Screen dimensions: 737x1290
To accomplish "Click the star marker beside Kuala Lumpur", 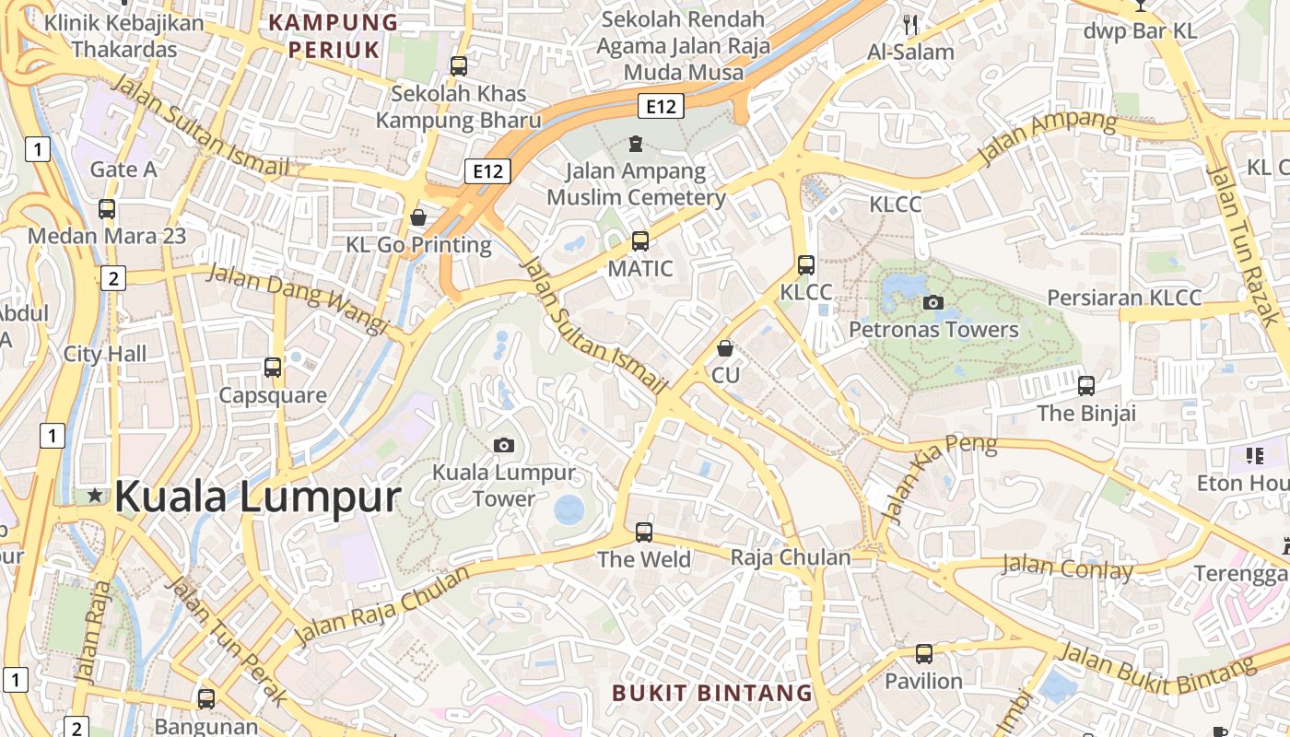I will tap(95, 496).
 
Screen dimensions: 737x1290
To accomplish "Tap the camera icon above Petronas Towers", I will tap(933, 302).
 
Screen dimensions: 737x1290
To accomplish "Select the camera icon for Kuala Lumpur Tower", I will tap(503, 445).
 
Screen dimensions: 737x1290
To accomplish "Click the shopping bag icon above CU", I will tap(725, 348).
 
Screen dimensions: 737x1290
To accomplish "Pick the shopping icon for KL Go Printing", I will tap(418, 217).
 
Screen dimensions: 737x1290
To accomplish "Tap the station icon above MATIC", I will tap(640, 241).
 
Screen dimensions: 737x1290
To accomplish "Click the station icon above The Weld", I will tap(644, 532).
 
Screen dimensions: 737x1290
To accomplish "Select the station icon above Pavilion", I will tap(923, 654).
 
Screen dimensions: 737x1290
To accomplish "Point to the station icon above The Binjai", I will tap(1086, 385).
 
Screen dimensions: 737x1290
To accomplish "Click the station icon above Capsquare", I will tap(273, 368).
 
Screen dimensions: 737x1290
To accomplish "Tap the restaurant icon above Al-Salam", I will tap(910, 25).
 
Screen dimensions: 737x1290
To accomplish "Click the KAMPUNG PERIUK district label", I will tap(333, 36).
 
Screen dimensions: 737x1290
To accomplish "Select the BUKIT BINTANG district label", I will tap(712, 693).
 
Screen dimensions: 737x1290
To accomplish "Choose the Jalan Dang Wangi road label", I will tap(296, 298).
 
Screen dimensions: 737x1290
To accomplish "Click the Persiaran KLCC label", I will tap(1124, 298).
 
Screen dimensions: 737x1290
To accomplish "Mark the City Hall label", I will tap(105, 354).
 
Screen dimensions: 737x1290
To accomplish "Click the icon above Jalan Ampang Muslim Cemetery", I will tap(636, 144).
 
